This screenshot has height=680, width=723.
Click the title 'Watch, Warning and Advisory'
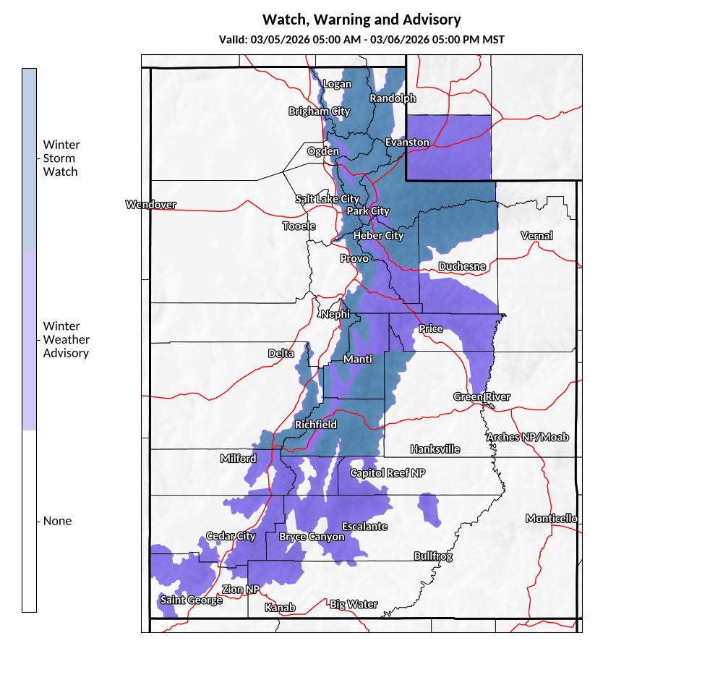click(361, 20)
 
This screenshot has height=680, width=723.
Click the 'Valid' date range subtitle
click(361, 39)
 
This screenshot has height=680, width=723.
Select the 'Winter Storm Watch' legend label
click(61, 158)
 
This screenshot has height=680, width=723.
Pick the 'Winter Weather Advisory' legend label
click(66, 339)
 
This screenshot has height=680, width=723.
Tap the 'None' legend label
click(57, 521)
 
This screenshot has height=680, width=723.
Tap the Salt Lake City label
click(327, 199)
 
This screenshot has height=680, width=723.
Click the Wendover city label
click(150, 205)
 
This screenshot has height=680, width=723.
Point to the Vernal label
click(536, 236)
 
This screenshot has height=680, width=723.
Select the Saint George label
click(191, 600)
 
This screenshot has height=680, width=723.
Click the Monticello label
click(551, 519)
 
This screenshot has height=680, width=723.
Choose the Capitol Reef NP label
click(388, 473)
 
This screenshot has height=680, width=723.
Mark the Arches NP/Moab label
click(527, 438)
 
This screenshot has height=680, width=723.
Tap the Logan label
click(336, 84)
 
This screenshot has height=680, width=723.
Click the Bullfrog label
click(433, 556)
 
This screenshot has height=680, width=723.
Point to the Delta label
click(281, 354)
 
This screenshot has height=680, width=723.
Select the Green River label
click(482, 397)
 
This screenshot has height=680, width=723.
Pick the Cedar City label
click(231, 536)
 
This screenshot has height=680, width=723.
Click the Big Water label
click(353, 604)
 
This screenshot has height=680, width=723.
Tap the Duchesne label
click(462, 266)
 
